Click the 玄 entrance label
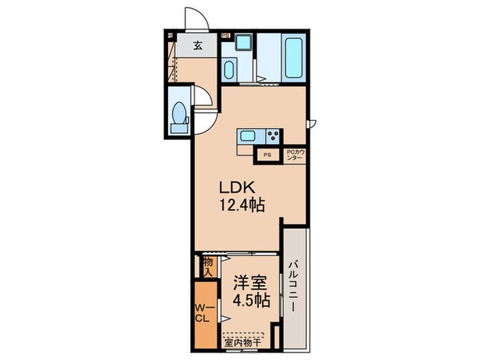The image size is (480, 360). [197, 47]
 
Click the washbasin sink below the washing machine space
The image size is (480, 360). [230, 70]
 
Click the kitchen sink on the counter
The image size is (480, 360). [248, 135]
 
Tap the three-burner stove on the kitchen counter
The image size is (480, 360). [273, 135]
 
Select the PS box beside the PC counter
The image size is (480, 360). [267, 156]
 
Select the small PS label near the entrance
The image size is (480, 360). [224, 34]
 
